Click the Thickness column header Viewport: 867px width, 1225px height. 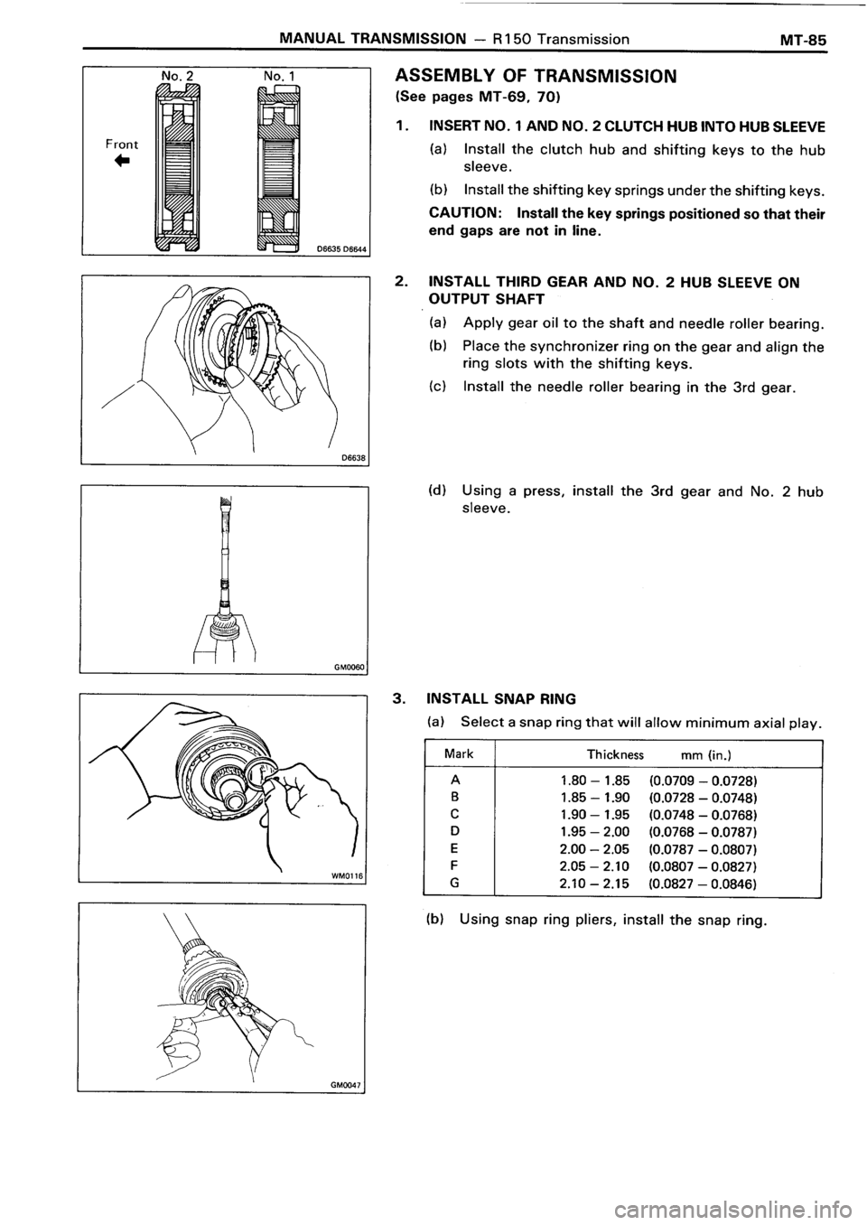pos(615,753)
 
